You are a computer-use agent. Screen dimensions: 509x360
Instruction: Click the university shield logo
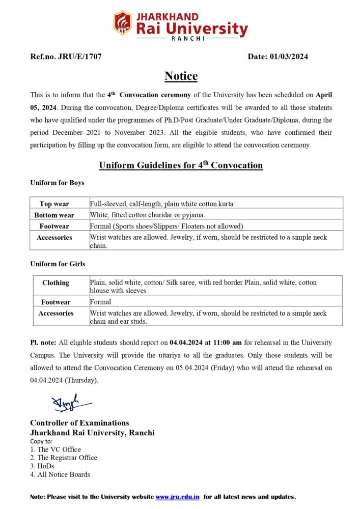[123, 23]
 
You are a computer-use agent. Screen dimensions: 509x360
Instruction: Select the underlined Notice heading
[181, 76]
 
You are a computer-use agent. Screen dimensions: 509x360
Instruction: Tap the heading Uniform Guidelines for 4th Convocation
[181, 165]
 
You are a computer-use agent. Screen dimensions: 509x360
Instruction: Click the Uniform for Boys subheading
[57, 182]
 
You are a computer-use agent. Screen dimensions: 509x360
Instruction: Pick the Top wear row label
[54, 204]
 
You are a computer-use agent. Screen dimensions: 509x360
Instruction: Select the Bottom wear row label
[54, 215]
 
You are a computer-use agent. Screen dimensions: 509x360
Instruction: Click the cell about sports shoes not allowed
[167, 226]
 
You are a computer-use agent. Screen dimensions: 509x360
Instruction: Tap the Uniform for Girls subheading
[58, 264]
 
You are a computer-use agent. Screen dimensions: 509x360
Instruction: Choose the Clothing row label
[56, 282]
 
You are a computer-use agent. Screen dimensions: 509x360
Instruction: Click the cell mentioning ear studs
[208, 317]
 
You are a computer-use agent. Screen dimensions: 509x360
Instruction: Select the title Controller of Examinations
[79, 422]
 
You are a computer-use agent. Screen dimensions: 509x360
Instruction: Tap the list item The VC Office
[56, 449]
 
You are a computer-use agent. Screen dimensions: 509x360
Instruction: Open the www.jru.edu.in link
[177, 496]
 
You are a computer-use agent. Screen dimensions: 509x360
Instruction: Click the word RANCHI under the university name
[188, 38]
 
